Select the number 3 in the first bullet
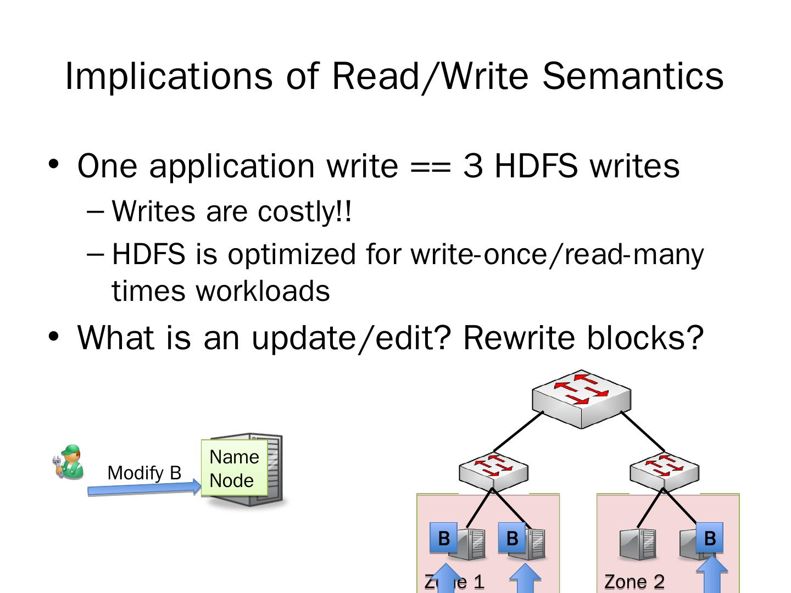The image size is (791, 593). click(472, 165)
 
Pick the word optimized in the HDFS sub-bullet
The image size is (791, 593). click(292, 254)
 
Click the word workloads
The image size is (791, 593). click(263, 290)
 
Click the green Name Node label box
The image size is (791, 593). click(234, 468)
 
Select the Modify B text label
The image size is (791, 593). click(144, 473)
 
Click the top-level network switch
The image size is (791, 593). click(581, 399)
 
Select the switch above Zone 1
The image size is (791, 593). click(493, 471)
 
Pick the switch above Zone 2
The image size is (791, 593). click(664, 471)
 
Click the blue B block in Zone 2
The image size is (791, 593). click(709, 538)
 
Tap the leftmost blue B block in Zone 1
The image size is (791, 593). click(443, 538)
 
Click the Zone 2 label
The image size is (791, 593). click(634, 581)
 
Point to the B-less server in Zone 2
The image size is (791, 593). click(637, 544)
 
